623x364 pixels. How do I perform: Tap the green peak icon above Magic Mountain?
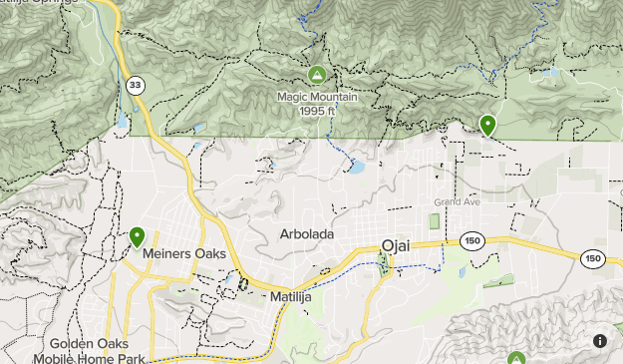click(316, 75)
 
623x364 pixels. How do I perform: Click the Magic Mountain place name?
click(316, 97)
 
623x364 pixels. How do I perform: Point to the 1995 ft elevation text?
click(316, 110)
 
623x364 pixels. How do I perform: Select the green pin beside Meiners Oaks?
click(137, 236)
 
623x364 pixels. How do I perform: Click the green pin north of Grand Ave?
click(487, 125)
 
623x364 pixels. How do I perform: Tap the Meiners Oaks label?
click(184, 254)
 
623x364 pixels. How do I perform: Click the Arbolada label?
click(306, 234)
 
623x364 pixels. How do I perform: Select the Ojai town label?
click(402, 246)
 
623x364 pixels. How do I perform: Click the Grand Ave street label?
click(458, 203)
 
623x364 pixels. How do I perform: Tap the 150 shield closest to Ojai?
click(471, 240)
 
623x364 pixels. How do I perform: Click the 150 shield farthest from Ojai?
click(593, 258)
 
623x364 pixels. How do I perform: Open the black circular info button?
click(600, 340)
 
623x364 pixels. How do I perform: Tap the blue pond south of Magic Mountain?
click(355, 167)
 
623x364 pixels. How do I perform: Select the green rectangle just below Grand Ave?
click(435, 219)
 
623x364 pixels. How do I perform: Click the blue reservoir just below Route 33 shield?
click(123, 118)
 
